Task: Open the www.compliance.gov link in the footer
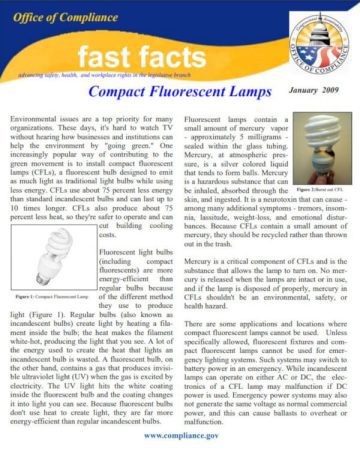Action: [x=180, y=437]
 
